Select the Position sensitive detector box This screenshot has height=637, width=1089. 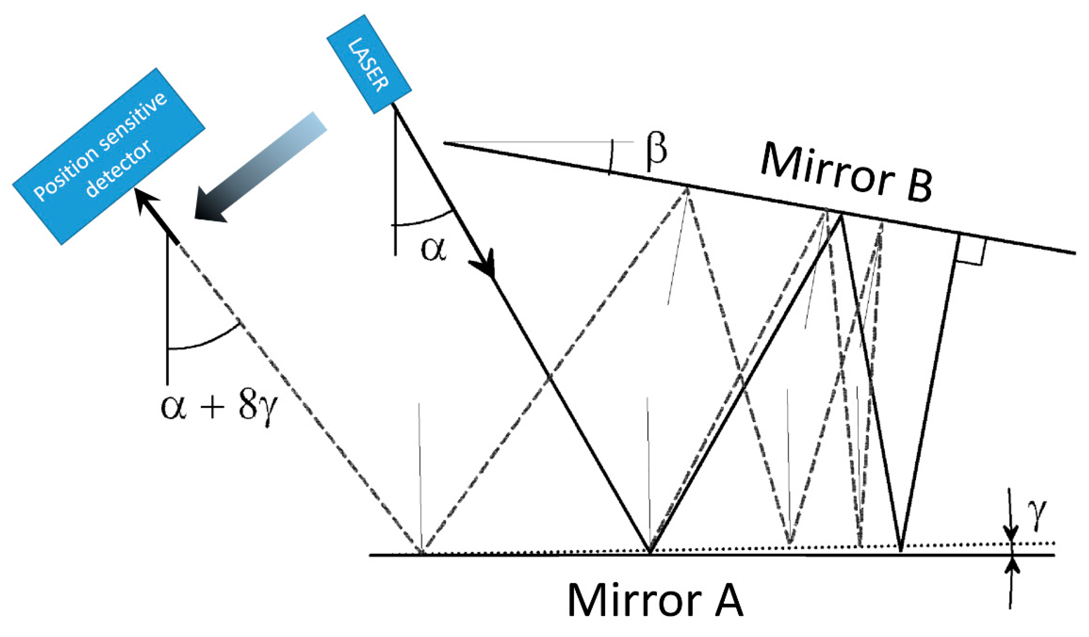[108, 156]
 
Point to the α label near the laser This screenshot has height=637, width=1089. [433, 249]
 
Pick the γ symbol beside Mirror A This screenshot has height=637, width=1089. [1039, 517]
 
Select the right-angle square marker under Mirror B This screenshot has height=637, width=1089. [971, 249]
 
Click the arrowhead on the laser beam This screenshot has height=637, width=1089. [485, 264]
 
